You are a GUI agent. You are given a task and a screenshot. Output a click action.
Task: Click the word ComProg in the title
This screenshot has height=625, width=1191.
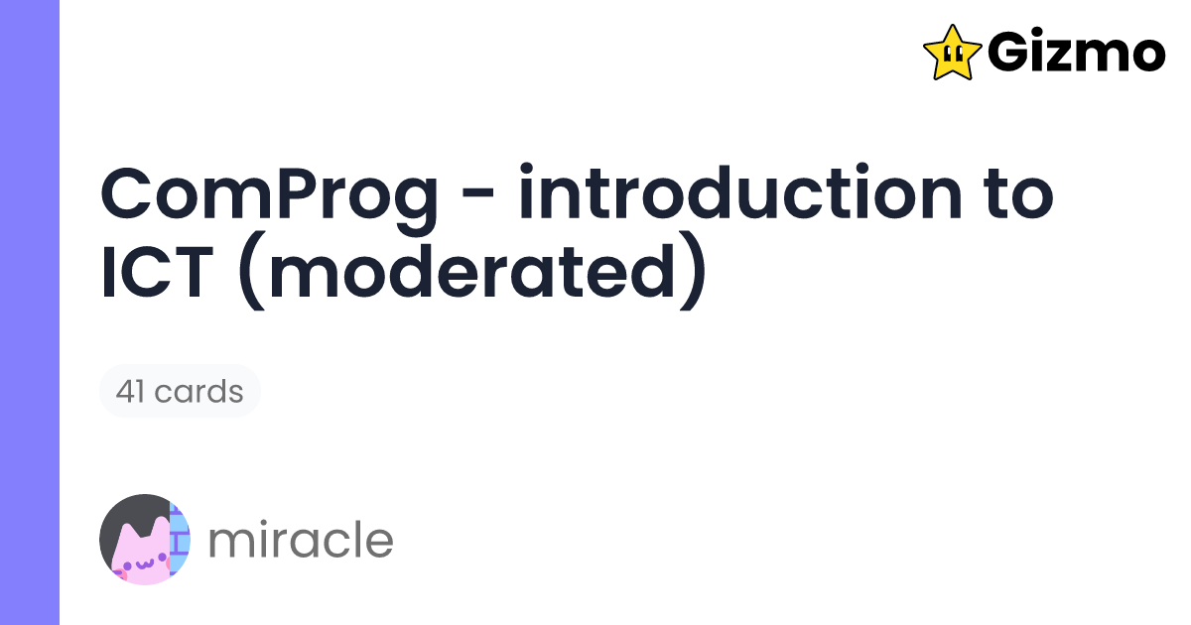tap(268, 196)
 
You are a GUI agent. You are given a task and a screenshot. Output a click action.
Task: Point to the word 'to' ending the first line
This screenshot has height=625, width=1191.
tap(1013, 196)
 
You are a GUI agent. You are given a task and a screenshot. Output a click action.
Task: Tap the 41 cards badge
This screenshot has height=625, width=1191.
tap(180, 391)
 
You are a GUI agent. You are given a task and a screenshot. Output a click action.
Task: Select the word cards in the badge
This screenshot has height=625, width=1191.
tap(204, 391)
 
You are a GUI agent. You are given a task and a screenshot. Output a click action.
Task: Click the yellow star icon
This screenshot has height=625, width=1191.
tap(952, 53)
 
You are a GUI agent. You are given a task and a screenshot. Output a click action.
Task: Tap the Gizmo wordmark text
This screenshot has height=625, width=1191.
tap(1077, 53)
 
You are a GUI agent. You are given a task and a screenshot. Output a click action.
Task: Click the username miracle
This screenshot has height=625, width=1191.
tap(301, 540)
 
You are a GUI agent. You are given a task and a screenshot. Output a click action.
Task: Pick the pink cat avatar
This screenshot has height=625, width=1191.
tap(145, 540)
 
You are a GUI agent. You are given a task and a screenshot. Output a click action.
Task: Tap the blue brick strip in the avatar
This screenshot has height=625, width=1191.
tap(180, 540)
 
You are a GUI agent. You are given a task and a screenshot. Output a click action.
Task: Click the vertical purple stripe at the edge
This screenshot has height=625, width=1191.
tap(30, 312)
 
